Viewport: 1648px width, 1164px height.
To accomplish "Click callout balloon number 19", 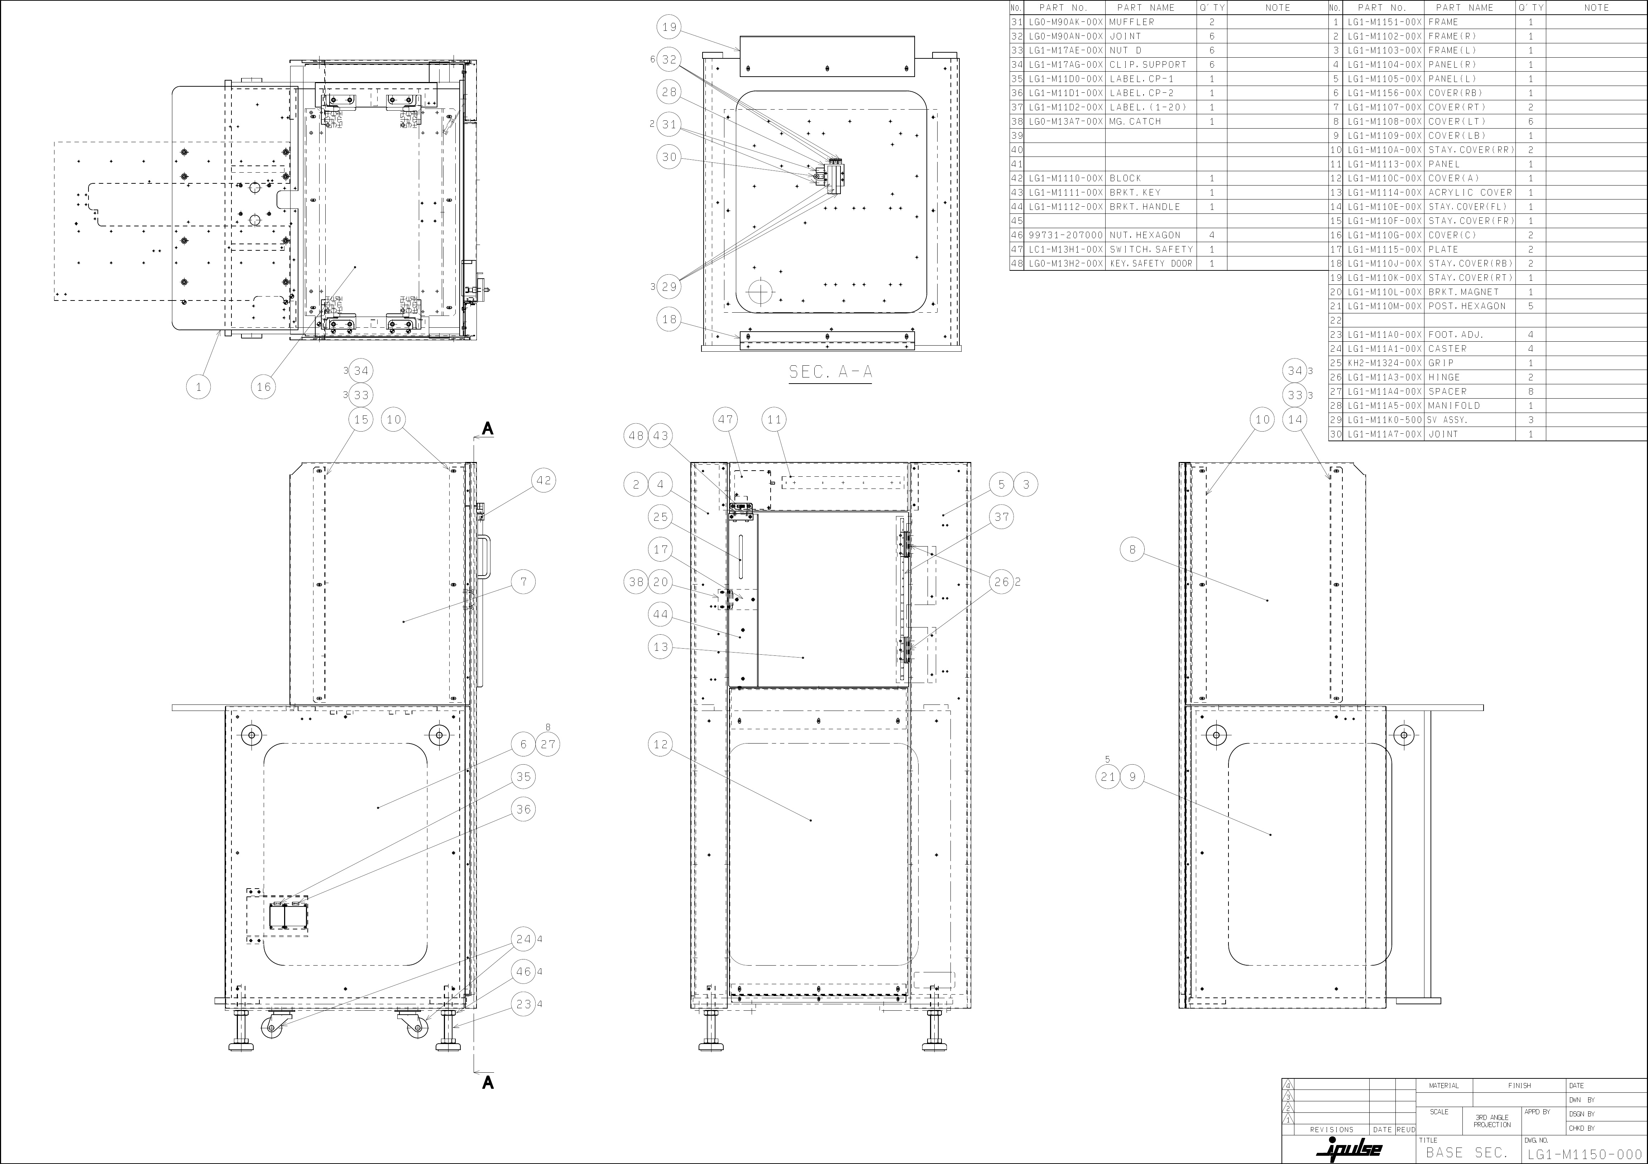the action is (x=669, y=27).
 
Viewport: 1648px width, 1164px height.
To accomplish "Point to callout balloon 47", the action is (x=727, y=419).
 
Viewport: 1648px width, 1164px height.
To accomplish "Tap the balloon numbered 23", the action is (x=523, y=1004).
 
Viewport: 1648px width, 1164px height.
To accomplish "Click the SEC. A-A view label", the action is (x=830, y=372).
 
